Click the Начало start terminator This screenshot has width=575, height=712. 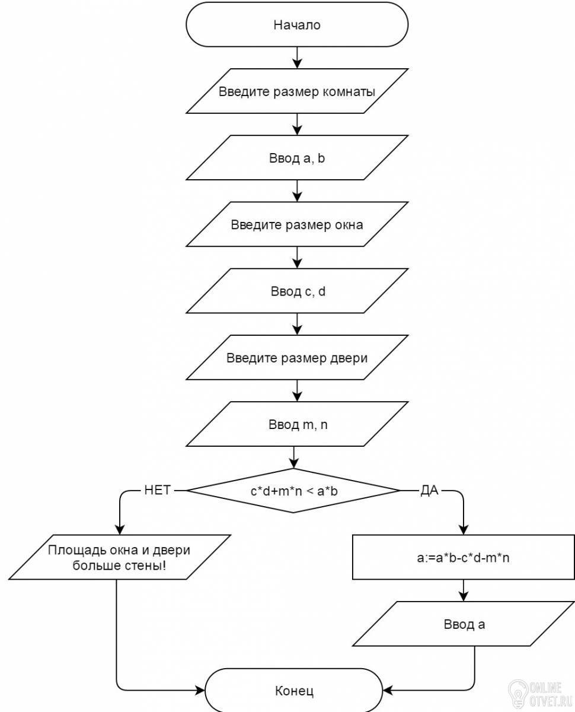[297, 24]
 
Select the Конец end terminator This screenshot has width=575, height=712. [294, 691]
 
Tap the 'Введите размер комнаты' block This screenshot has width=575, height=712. [297, 91]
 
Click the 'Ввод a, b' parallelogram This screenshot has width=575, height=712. [297, 157]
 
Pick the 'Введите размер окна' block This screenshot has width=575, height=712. [297, 224]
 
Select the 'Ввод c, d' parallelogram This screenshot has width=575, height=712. [297, 291]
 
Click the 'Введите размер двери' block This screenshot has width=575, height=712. [297, 357]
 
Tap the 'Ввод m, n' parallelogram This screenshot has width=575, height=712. [297, 424]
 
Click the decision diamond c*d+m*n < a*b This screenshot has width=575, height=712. [293, 490]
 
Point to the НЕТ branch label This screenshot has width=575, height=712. [157, 490]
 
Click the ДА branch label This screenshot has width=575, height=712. [429, 490]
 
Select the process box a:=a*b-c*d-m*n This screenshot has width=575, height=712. [464, 557]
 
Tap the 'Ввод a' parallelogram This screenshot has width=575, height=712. [464, 624]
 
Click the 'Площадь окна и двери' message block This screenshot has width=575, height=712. [120, 557]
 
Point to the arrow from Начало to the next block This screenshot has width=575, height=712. [297, 58]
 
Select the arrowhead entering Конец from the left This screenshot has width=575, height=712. [200, 690]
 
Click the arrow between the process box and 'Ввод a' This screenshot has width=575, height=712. [464, 590]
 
